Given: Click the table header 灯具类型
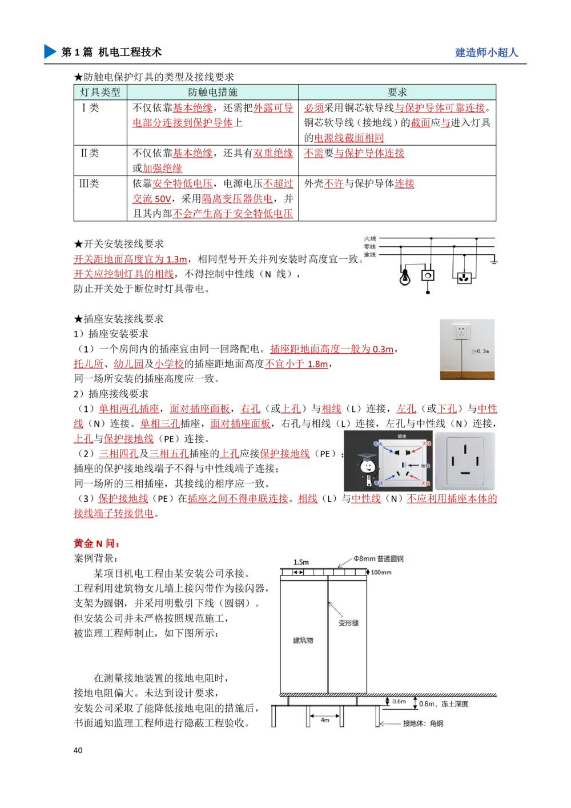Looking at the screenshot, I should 100,92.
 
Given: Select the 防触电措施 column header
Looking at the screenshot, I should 212,92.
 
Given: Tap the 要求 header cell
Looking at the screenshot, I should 397,92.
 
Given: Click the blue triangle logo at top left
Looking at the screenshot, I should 50,51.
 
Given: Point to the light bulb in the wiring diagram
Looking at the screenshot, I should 405,277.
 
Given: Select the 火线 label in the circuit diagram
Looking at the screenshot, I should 370,238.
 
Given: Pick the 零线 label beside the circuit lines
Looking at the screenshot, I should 370,246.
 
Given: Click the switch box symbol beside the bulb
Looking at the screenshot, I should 428,275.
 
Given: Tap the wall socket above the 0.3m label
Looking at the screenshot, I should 460,331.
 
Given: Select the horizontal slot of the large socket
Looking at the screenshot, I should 465,473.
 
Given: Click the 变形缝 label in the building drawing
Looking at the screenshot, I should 348,623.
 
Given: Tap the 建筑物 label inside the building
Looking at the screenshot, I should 303,641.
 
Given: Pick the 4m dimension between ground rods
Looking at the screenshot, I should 325,720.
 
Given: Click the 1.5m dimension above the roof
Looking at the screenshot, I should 301,562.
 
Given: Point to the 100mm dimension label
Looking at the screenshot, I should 381,572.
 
